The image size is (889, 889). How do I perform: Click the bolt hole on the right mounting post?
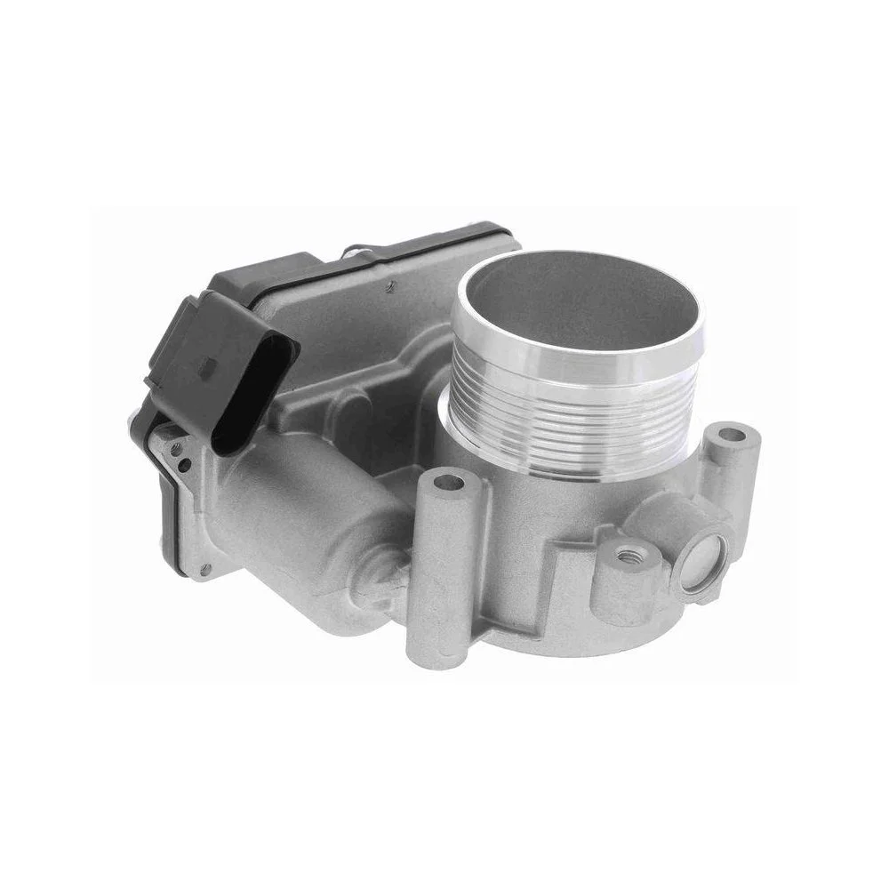[731, 436]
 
